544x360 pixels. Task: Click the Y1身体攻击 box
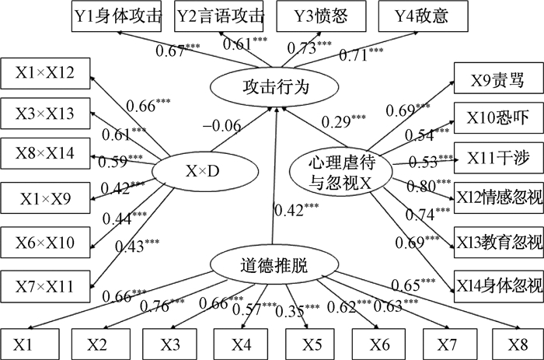tap(118, 16)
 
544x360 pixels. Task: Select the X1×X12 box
tap(45, 74)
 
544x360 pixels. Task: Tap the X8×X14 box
tap(45, 153)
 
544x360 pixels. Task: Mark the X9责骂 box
tap(496, 79)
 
